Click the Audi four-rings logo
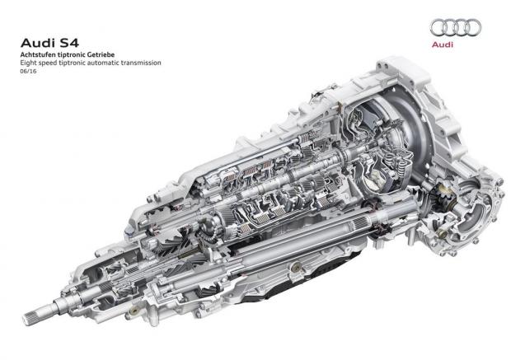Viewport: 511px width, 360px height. coord(456,27)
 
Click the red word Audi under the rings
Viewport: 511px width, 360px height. coord(443,44)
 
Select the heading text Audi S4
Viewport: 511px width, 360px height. coord(49,43)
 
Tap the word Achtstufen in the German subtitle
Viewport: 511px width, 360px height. coord(35,54)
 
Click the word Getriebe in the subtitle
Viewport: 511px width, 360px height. coord(102,54)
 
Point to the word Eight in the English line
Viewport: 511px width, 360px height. coord(27,63)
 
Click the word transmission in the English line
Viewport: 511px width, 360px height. coord(141,63)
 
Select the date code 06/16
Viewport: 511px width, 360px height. coord(28,71)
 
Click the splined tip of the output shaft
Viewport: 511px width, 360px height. coord(36,312)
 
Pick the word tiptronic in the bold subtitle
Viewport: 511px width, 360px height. coord(70,54)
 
